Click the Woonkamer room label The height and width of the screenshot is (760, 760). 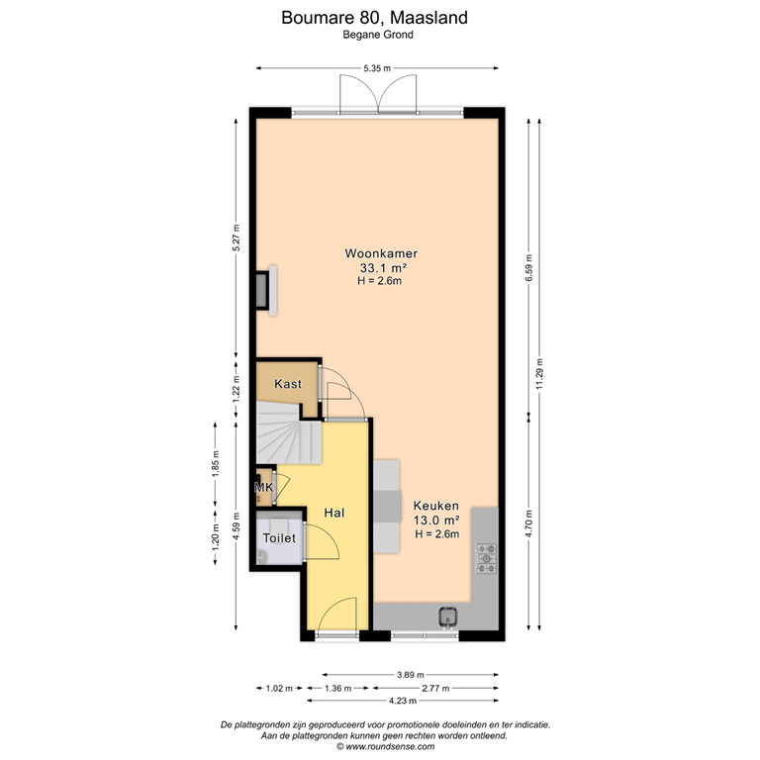point(381,253)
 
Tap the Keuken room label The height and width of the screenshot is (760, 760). point(435,506)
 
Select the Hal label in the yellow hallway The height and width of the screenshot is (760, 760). point(333,513)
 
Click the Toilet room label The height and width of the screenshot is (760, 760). point(279,537)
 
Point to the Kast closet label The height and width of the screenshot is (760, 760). point(288,384)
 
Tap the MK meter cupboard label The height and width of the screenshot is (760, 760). point(264,487)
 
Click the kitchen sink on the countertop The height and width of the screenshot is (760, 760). point(449,617)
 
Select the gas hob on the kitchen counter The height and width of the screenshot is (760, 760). point(486,558)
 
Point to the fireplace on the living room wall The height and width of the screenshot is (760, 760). point(266,290)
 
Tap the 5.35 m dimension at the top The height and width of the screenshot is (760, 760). point(377,68)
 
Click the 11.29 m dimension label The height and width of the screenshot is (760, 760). point(540,373)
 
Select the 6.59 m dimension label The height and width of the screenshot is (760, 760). point(529,267)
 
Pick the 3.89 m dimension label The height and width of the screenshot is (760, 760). point(411,674)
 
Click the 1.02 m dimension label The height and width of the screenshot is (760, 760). point(280,688)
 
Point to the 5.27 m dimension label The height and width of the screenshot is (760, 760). point(237,237)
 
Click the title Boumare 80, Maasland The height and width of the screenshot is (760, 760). point(375,18)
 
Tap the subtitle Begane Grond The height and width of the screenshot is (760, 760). point(378,35)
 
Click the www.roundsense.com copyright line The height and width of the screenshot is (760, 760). point(385,746)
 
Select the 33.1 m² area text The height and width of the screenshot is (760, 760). point(383,267)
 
